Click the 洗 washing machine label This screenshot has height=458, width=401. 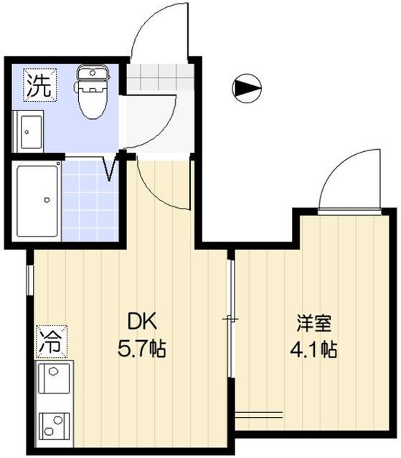click(38, 86)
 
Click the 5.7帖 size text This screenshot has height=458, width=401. click(142, 350)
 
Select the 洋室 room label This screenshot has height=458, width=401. click(314, 322)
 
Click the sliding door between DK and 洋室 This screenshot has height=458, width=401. click(230, 319)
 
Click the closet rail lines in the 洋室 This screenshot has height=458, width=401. click(258, 414)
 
